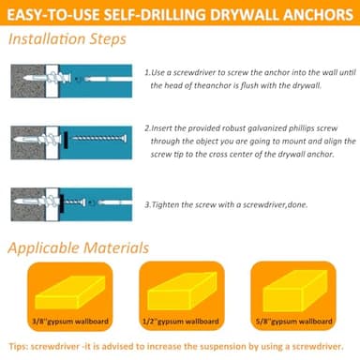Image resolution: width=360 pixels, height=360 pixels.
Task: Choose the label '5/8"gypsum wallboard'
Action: pyautogui.click(x=297, y=322)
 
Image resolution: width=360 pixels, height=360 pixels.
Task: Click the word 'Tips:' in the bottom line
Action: pyautogui.click(x=17, y=346)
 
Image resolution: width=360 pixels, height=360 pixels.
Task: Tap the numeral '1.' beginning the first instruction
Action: pyautogui.click(x=148, y=71)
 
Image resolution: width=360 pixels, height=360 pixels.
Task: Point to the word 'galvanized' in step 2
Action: pyautogui.click(x=265, y=129)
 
